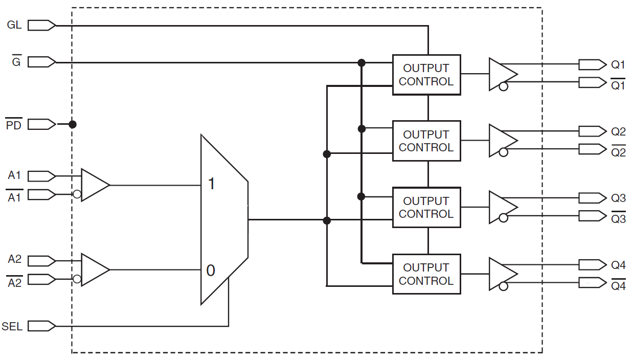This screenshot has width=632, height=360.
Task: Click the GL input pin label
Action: point(14,25)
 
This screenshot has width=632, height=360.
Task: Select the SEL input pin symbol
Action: point(41,326)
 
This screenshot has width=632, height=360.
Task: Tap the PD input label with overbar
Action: point(14,125)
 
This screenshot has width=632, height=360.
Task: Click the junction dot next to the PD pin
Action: point(73,124)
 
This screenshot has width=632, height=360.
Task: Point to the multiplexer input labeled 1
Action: point(211,184)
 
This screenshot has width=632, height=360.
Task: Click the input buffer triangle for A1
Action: point(94,185)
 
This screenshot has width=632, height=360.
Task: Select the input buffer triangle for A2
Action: point(94,269)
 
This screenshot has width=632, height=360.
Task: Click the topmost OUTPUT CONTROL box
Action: point(426,75)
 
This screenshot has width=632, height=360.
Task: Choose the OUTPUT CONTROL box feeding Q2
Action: point(426,141)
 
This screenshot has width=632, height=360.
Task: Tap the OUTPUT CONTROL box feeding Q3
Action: point(426,208)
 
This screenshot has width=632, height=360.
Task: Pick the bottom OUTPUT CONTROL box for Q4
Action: point(426,274)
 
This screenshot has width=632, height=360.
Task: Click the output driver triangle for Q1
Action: point(501,74)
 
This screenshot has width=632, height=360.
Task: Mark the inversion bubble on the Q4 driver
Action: point(504,286)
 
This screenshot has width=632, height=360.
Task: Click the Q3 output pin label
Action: point(618,198)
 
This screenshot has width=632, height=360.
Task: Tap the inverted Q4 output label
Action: point(618,285)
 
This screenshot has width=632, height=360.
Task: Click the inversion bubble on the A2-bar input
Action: point(77,279)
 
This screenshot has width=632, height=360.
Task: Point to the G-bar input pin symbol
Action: point(41,62)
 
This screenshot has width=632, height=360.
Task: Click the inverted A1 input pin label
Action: point(14,197)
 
